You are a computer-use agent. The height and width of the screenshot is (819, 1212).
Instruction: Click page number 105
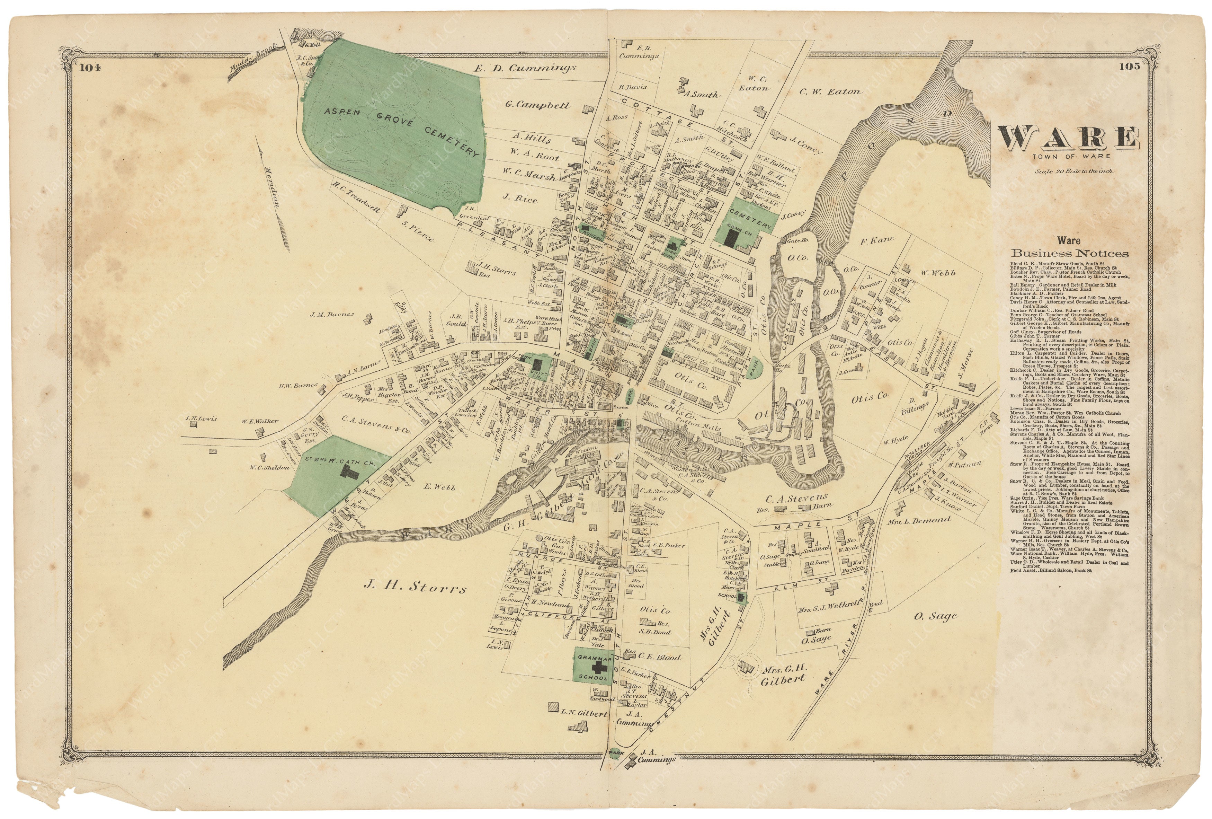point(1125,66)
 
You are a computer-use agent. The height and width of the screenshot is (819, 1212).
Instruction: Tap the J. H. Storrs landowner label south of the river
point(415,588)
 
